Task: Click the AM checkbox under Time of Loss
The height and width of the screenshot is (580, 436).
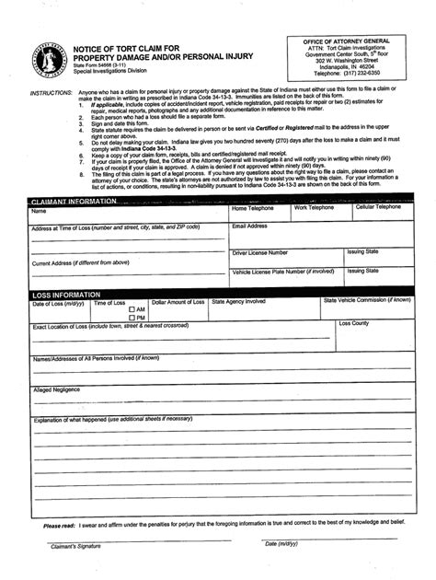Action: point(132,309)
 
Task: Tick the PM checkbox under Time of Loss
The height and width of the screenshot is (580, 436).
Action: point(132,318)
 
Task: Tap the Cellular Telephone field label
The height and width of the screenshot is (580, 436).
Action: point(379,207)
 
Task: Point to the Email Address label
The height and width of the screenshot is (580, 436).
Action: point(250,226)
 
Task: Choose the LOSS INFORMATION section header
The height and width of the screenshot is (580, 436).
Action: point(69,295)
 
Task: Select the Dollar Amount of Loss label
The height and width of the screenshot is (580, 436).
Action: point(178,302)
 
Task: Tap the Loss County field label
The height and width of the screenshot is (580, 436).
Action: point(354,324)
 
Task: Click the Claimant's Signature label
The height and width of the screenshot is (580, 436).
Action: point(75,546)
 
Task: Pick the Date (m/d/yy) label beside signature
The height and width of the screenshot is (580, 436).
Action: point(281,544)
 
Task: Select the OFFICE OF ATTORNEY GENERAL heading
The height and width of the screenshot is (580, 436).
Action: point(353,41)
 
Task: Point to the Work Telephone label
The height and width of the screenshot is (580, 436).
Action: point(314,207)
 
